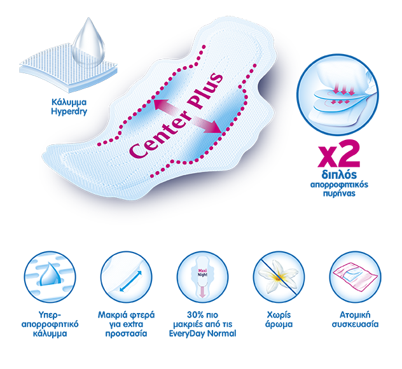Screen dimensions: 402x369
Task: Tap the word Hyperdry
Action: click(69, 111)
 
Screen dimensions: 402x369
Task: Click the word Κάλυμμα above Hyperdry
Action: click(69, 102)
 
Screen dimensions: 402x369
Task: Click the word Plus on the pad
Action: click(205, 93)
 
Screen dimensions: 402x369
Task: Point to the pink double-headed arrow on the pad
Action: click(188, 116)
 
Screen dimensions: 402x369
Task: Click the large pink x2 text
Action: click(338, 154)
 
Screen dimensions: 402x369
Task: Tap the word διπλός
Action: click(339, 174)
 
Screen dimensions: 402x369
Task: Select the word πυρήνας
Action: click(339, 193)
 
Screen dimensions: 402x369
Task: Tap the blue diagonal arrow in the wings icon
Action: click(130, 281)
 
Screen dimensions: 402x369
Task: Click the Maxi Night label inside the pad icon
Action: click(202, 272)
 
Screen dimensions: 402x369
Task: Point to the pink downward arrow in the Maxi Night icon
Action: click(202, 292)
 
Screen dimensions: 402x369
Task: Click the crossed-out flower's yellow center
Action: click(278, 277)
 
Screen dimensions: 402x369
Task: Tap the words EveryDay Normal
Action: click(202, 333)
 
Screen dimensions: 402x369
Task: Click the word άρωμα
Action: click(279, 324)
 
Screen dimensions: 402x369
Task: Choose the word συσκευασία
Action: click(355, 324)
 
